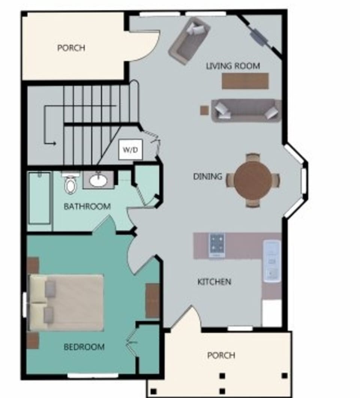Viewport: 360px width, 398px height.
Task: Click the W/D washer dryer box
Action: tap(130, 150)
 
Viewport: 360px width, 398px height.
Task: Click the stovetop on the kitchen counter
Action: tap(217, 245)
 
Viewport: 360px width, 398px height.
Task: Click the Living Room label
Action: tap(233, 66)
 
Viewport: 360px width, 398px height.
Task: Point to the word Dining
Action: tap(207, 176)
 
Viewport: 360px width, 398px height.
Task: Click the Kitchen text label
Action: tap(214, 281)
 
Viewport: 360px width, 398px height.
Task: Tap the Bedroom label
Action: tap(84, 347)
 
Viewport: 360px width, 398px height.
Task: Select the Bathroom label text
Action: tap(87, 206)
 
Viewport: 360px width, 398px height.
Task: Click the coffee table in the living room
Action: tap(245, 81)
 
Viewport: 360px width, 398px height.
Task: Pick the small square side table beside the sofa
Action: tap(204, 110)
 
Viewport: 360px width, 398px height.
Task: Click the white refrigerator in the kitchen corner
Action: tap(271, 313)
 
